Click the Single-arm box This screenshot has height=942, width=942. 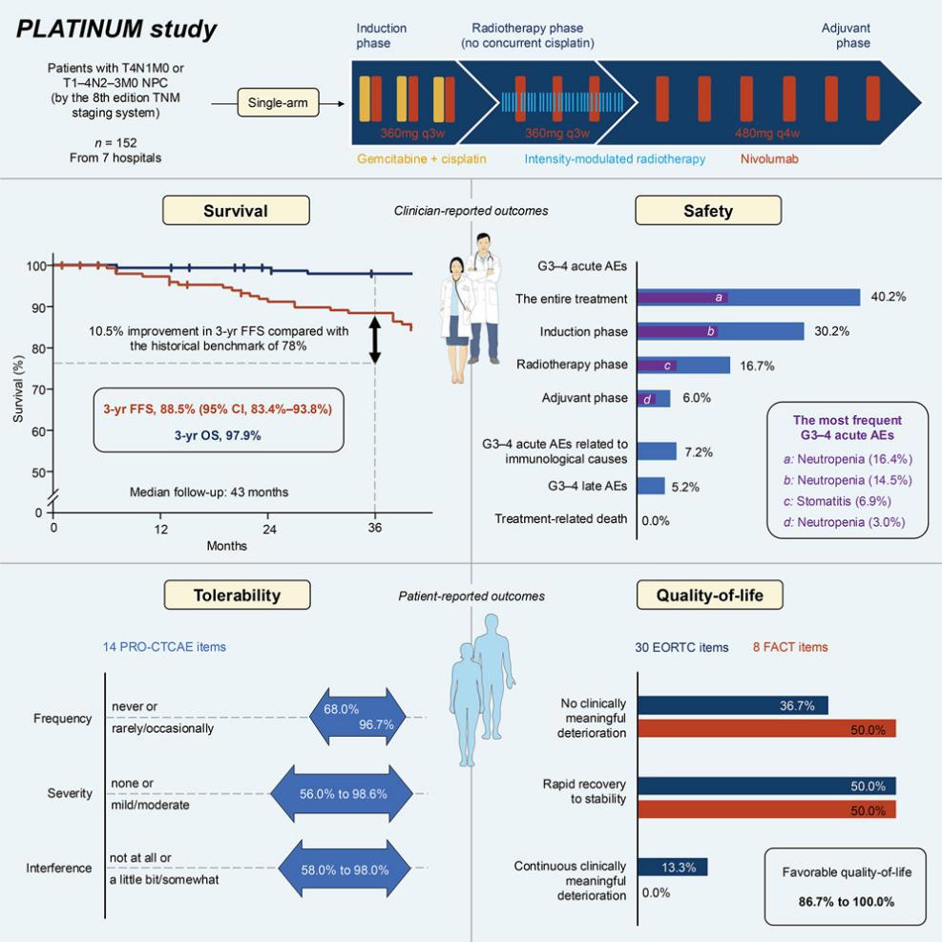coord(278,103)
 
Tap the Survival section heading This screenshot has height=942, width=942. coord(236,211)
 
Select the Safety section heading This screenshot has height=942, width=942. coord(708,211)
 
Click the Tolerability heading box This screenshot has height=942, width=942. coord(238,595)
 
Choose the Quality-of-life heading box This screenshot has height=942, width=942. coord(709,595)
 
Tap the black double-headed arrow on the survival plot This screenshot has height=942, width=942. coord(375,340)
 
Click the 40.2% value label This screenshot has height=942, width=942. coord(889,297)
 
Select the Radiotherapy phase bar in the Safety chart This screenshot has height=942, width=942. coord(683,366)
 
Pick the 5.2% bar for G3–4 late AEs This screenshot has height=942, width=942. coord(651,486)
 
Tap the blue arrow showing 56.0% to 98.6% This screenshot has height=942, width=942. coord(342,794)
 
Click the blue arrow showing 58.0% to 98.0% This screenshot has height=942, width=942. coord(345,869)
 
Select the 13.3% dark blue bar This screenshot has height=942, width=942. coord(672,867)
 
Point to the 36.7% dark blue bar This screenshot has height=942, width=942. coord(733,705)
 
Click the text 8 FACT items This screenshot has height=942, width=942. coord(790,647)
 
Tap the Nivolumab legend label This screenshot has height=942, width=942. coord(769,159)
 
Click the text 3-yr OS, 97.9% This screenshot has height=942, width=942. coord(218,435)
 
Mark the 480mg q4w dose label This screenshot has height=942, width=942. coord(767,134)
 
